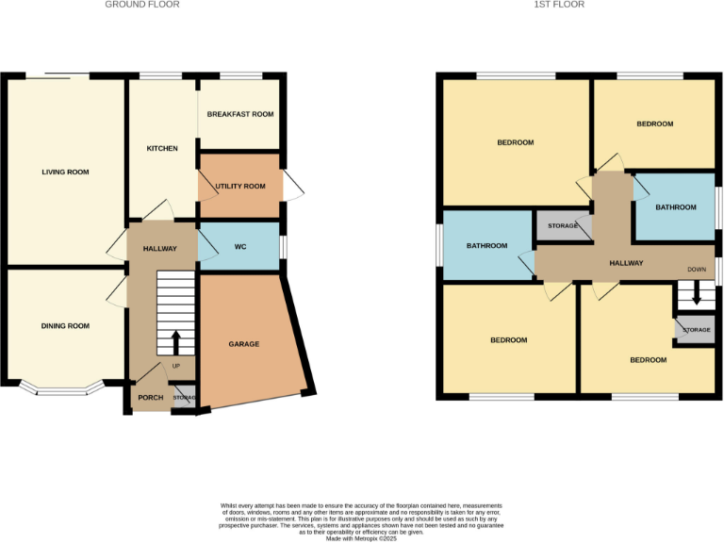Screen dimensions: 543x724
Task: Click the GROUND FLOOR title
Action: point(141,5)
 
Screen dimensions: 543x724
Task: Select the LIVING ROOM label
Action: point(65,173)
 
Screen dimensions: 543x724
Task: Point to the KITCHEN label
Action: point(162,149)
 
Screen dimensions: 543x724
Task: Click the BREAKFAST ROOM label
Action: point(240,114)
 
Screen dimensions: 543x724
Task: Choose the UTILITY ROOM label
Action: point(240,188)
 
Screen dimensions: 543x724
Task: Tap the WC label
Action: point(239,248)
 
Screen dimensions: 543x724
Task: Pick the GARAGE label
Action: point(243,344)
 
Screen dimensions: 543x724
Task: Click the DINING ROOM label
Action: point(65,326)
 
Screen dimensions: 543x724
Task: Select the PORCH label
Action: point(150,398)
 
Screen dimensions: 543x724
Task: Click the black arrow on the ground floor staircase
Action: point(176,341)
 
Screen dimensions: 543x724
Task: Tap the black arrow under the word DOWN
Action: point(697,293)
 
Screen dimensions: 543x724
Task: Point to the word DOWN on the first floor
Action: point(697,269)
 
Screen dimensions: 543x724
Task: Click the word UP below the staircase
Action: point(175,366)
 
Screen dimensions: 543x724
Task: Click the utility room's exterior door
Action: point(293,188)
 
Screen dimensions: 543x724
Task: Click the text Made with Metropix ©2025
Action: point(361,538)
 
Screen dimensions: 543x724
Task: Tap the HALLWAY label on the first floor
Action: point(625,263)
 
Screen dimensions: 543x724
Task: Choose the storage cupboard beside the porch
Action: point(185,398)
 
